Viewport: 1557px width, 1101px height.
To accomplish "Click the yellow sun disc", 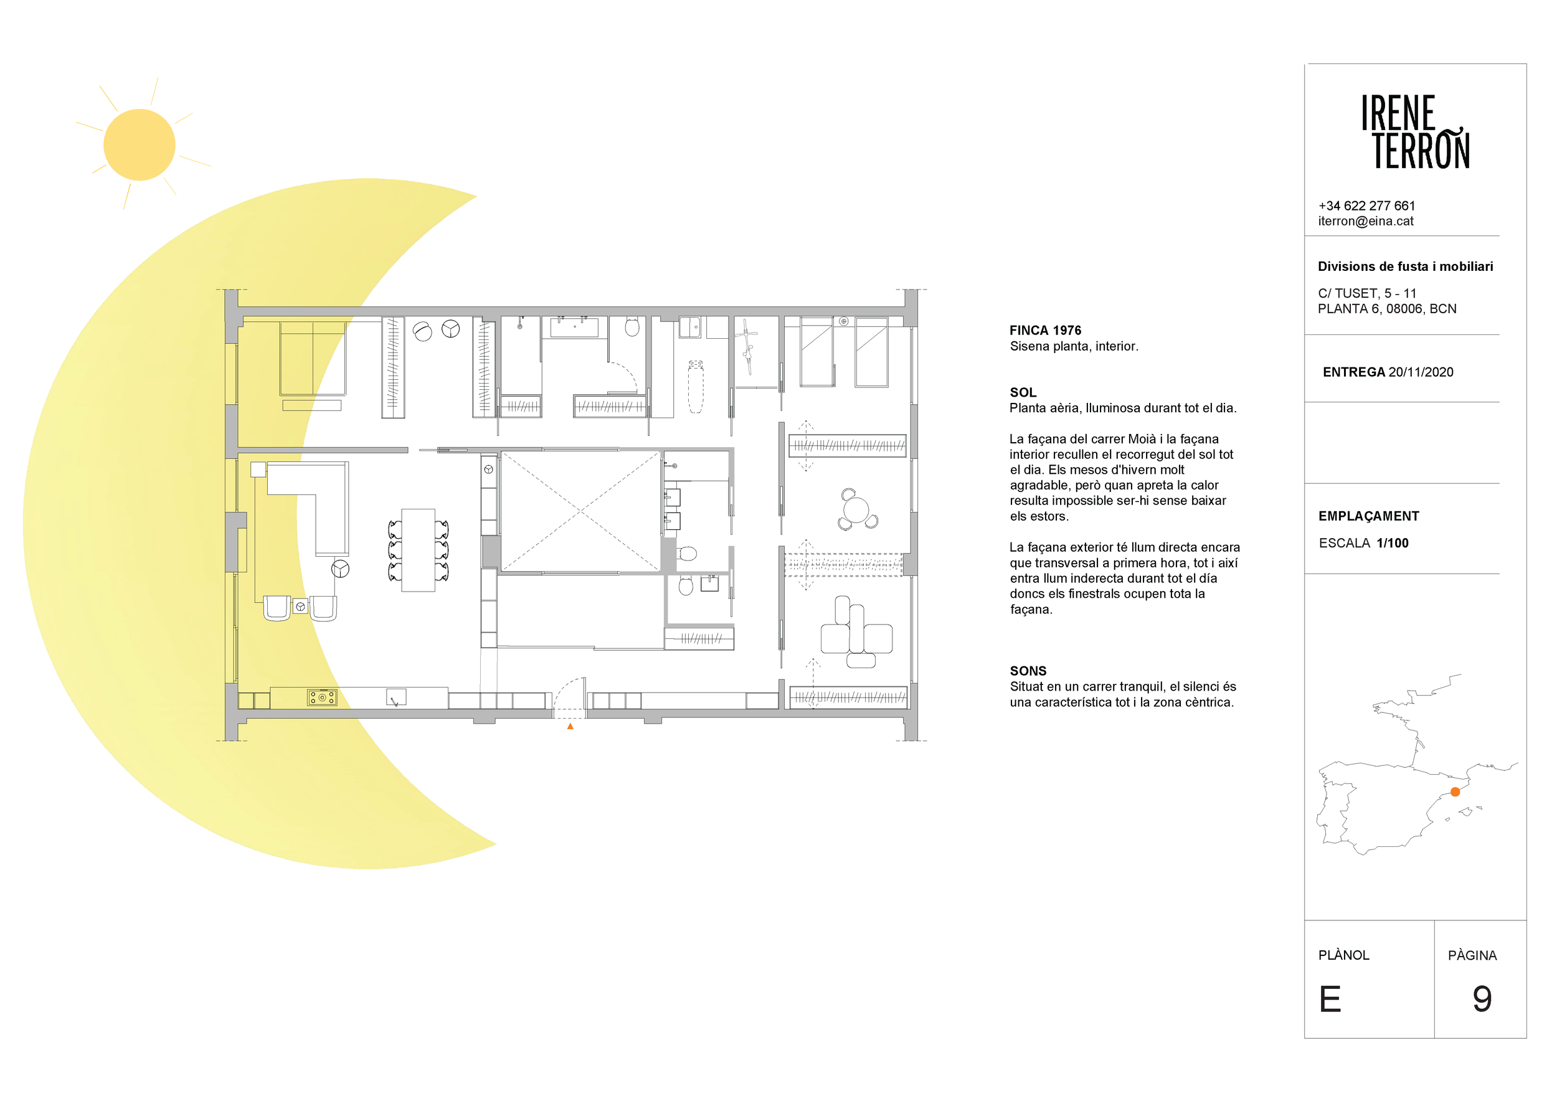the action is [139, 144].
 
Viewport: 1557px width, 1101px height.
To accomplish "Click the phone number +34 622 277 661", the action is [1366, 206].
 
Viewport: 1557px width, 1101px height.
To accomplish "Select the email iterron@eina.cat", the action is [1366, 221].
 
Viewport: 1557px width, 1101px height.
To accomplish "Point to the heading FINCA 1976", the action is [1045, 330].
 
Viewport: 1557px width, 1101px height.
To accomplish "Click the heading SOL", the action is [1023, 392].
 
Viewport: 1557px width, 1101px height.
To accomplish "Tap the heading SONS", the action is [1028, 671].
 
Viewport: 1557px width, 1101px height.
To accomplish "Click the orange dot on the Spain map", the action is [1455, 792].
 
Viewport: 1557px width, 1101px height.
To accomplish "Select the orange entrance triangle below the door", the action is [570, 726].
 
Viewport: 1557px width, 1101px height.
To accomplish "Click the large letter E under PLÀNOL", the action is [1330, 999].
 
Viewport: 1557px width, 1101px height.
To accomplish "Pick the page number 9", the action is [1482, 999].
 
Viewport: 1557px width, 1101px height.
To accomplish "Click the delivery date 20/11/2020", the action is [1421, 372].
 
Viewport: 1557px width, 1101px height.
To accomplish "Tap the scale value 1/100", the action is [1393, 543].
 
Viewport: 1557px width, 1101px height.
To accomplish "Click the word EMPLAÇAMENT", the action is [1368, 516].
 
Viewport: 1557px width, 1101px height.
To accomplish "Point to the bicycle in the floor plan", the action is [747, 346].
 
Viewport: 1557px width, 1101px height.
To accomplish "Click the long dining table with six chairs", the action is [419, 550].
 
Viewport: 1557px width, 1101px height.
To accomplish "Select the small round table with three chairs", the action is [856, 509].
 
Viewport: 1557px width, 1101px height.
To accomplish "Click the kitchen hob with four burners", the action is [322, 697].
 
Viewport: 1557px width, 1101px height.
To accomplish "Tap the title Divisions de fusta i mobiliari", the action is [1405, 267].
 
